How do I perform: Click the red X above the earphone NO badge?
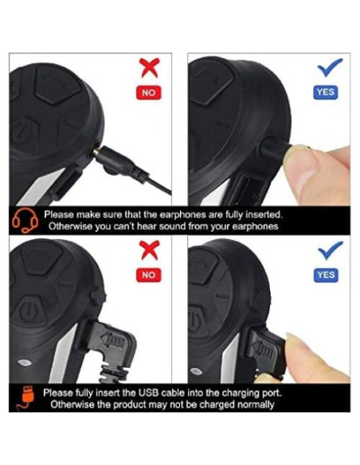[150, 68]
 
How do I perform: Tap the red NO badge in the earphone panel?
[149, 93]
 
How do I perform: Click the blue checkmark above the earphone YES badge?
[330, 67]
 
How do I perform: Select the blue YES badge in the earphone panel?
[326, 92]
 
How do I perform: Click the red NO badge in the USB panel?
[149, 275]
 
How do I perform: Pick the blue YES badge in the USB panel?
[326, 275]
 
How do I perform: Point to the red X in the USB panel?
[150, 250]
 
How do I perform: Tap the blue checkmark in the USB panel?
[330, 250]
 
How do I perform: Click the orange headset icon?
[25, 221]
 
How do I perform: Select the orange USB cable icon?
[26, 398]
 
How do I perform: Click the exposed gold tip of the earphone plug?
[96, 152]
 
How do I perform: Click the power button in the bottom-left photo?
[29, 311]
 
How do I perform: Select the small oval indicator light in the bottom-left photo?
[25, 362]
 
